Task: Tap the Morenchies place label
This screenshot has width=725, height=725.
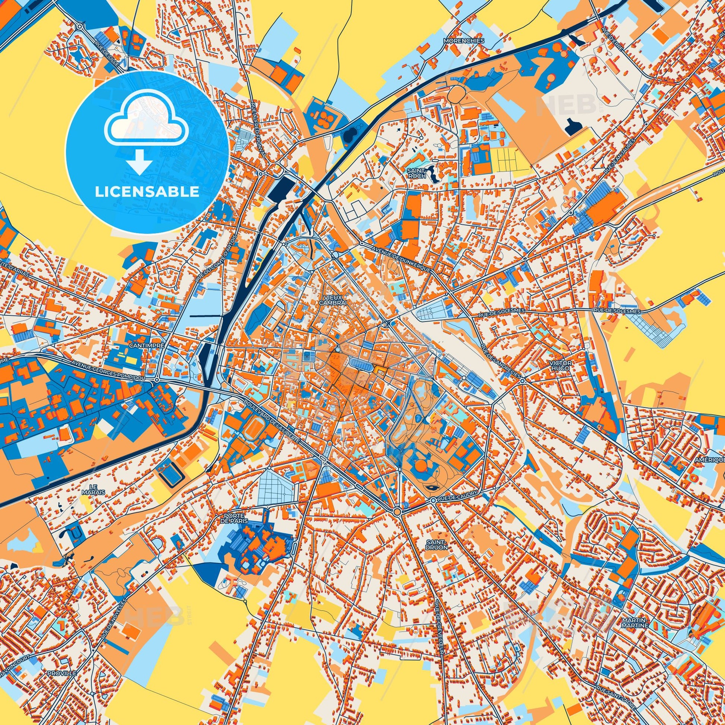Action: tap(463, 41)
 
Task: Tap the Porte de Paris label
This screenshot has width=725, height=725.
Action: tap(235, 519)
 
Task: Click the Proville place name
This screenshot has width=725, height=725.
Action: tap(62, 664)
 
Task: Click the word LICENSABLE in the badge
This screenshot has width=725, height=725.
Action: tap(147, 192)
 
